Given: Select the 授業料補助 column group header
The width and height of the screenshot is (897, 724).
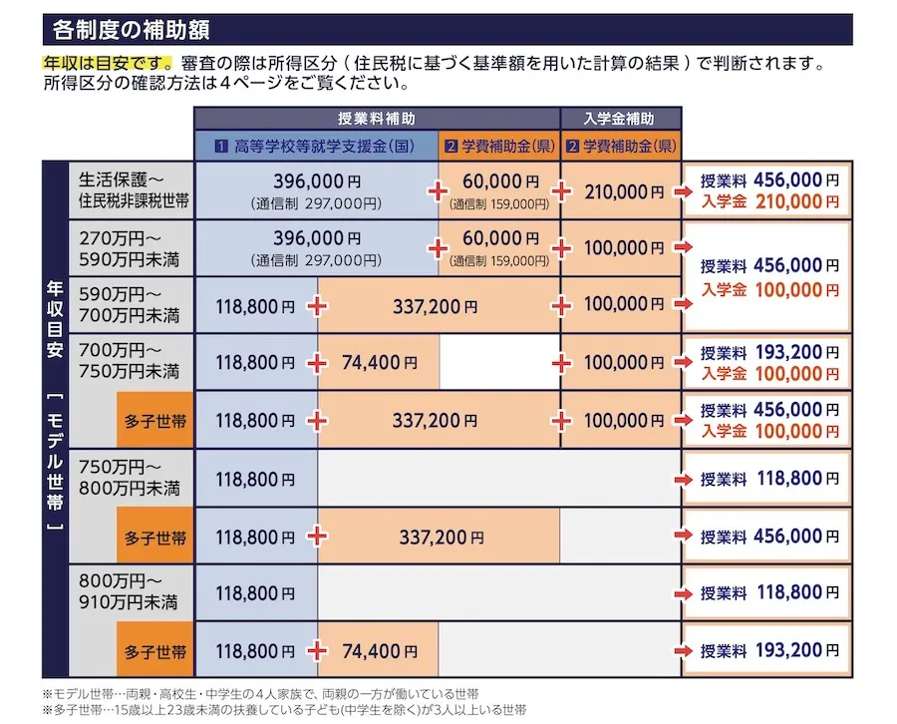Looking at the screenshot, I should (x=377, y=118).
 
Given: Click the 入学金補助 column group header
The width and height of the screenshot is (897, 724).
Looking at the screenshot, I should (x=621, y=118).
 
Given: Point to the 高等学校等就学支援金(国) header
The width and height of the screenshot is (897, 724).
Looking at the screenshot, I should (x=316, y=146).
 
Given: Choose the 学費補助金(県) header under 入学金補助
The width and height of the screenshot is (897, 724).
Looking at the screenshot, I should (x=621, y=146).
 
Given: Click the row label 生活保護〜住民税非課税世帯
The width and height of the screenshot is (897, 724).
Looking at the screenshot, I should (x=135, y=189).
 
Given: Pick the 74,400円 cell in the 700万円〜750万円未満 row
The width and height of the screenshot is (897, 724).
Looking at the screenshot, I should (x=378, y=363).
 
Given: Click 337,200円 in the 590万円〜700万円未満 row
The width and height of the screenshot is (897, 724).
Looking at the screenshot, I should (x=437, y=305).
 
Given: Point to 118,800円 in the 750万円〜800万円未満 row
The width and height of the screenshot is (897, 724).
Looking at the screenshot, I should (x=255, y=480).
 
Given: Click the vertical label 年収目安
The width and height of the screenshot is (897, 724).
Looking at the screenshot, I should (x=56, y=329).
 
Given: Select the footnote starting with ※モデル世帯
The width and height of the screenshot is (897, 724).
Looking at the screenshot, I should (x=260, y=693).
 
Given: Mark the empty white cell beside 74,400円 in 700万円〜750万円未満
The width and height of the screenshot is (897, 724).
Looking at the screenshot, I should (x=499, y=363).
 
